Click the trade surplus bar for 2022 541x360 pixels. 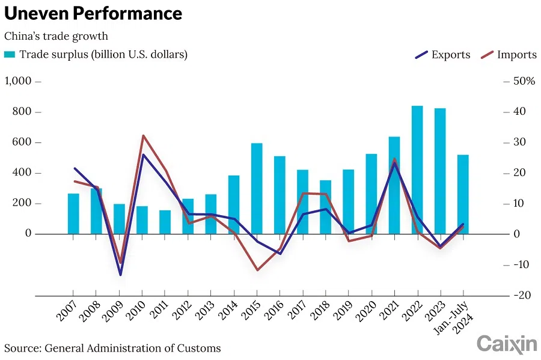click(x=417, y=169)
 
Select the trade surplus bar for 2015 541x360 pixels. click(x=257, y=188)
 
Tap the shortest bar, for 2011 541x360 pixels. click(x=165, y=222)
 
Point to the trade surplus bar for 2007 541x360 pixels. click(x=73, y=213)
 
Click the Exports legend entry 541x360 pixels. click(x=442, y=55)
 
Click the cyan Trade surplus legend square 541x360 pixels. click(x=10, y=55)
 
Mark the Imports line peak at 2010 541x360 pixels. click(x=142, y=136)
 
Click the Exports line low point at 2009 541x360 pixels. click(x=120, y=275)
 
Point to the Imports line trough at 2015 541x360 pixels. click(x=257, y=270)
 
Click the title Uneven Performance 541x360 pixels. click(x=93, y=14)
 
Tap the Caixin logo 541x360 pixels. click(x=506, y=344)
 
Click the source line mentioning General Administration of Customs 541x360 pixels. click(x=112, y=348)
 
